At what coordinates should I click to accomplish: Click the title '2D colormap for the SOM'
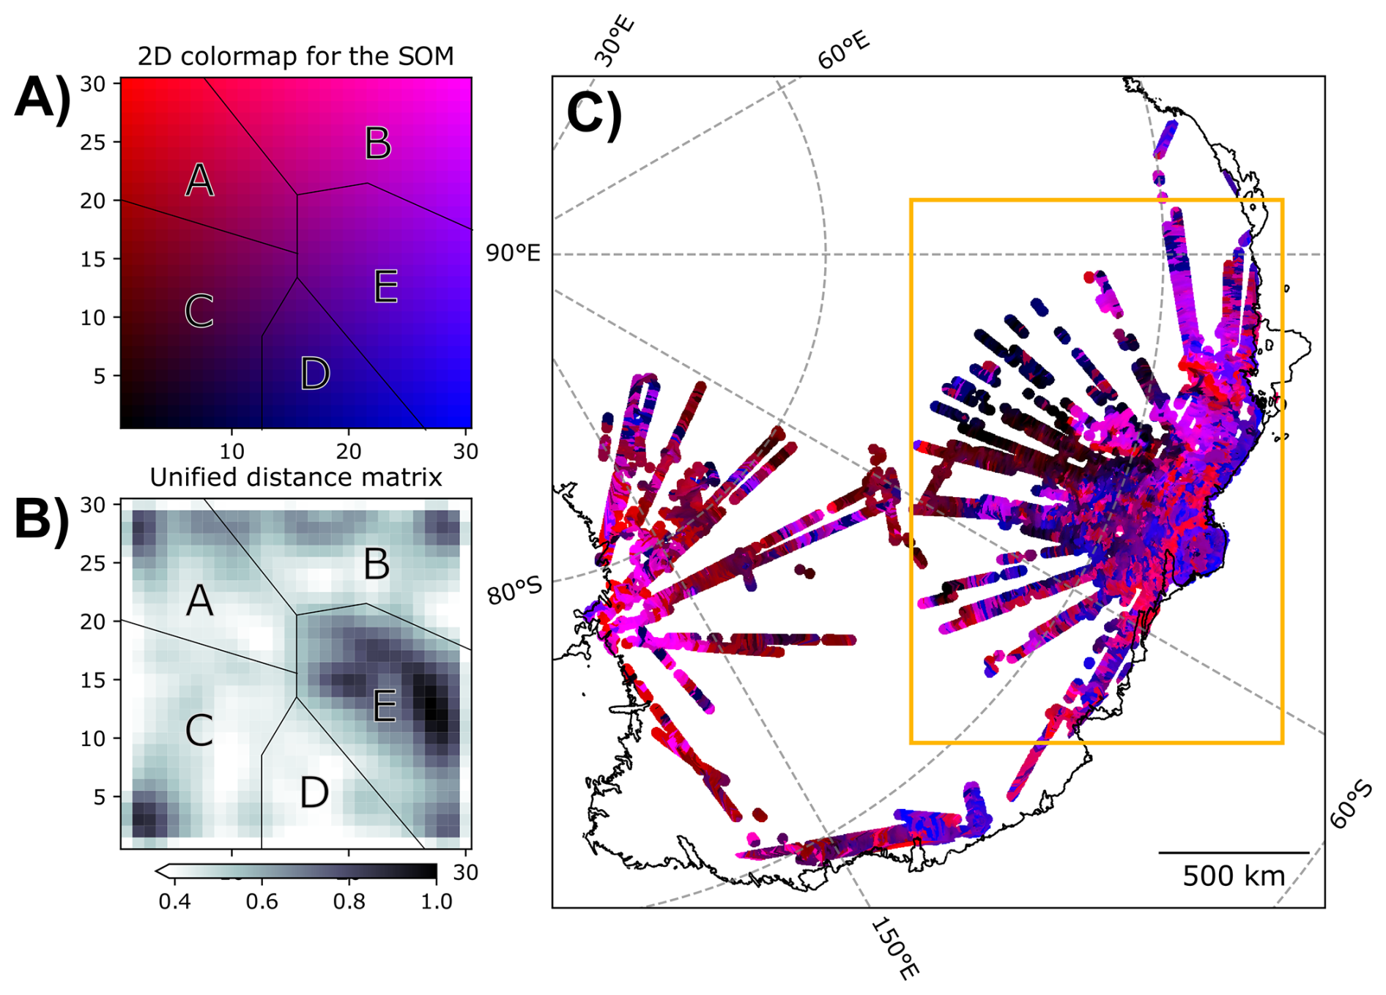pos(295,56)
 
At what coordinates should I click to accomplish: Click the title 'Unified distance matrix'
pos(295,477)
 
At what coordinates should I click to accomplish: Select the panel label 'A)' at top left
pos(42,97)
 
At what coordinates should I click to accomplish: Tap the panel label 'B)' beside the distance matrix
pos(42,519)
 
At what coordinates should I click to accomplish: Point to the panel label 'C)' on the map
pos(594,114)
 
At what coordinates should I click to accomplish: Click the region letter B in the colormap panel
pos(378,144)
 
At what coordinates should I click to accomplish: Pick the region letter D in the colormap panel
pos(315,373)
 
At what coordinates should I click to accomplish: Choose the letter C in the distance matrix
pos(199,731)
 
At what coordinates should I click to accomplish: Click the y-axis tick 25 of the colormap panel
pos(93,142)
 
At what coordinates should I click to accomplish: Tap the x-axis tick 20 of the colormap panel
pos(349,451)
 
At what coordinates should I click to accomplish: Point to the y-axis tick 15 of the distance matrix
pos(93,680)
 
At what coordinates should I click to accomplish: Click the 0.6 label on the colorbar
pos(262,901)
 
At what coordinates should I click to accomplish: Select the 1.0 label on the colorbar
pos(437,901)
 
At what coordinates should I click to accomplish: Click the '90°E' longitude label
pos(513,253)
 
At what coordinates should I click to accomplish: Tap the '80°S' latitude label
pos(515,590)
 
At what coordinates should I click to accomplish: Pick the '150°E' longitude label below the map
pos(894,949)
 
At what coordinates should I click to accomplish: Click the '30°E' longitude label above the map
pos(614,42)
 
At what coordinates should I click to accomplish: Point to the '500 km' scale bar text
pos(1234,876)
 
